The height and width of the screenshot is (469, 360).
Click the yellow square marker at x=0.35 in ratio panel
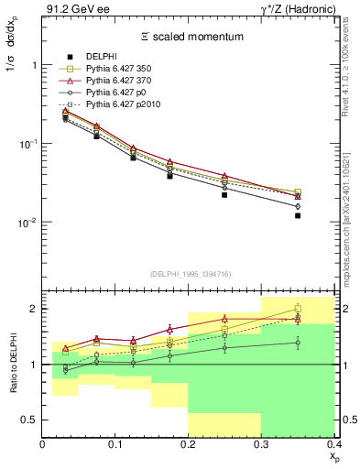[x=298, y=309]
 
